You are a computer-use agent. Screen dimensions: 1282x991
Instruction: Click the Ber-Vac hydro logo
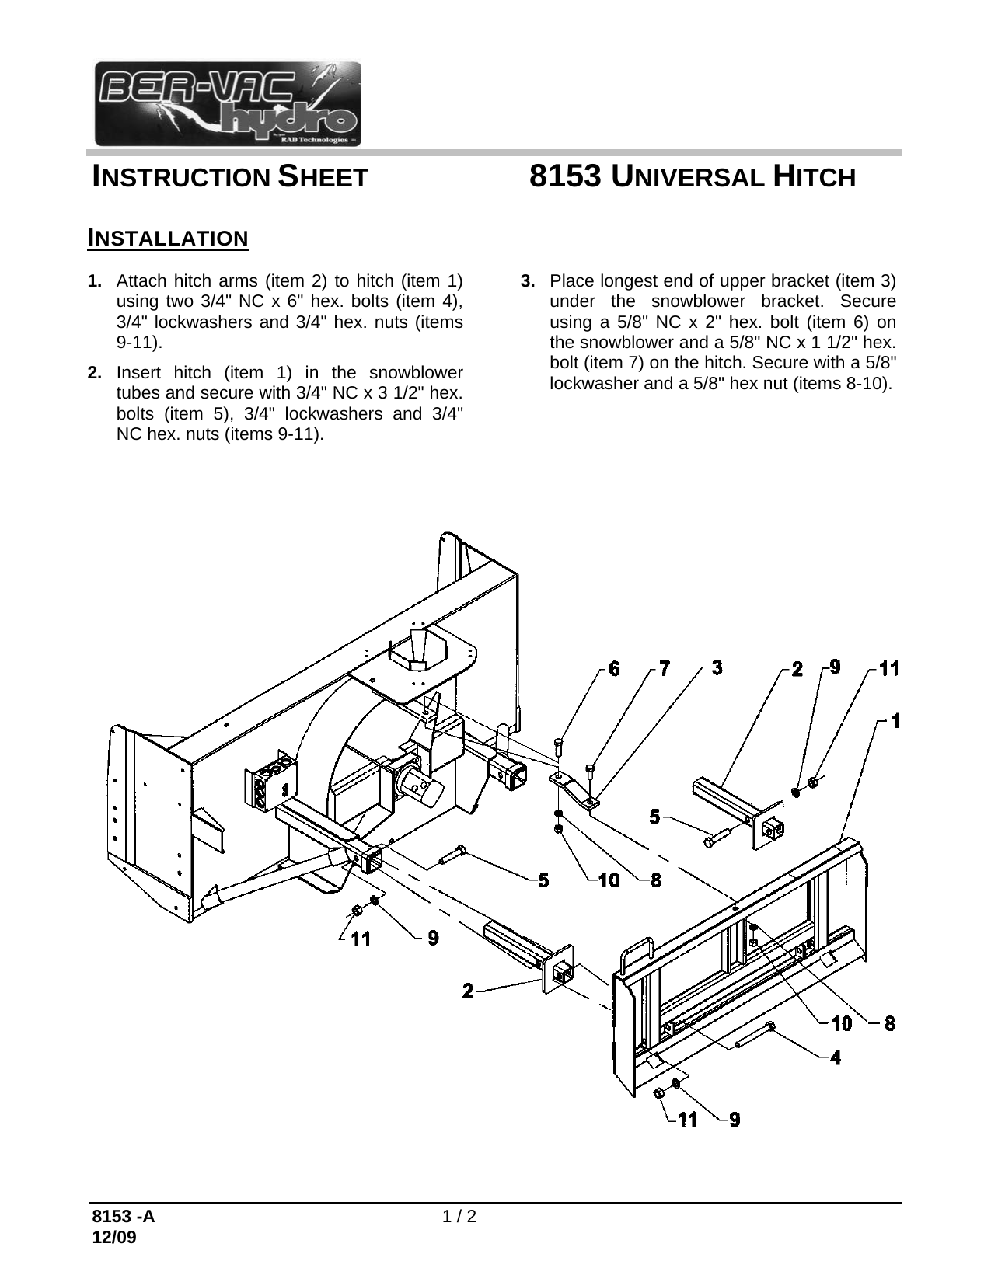point(228,103)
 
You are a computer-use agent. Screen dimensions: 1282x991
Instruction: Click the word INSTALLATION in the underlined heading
point(168,237)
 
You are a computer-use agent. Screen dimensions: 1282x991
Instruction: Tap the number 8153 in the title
point(565,176)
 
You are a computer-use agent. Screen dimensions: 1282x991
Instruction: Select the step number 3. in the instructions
point(528,280)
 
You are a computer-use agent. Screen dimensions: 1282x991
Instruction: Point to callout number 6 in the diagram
point(615,669)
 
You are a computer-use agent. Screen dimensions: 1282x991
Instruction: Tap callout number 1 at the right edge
point(895,722)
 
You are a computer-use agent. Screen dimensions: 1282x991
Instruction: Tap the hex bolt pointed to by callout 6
point(559,751)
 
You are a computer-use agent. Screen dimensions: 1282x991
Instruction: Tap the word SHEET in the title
point(323,177)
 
